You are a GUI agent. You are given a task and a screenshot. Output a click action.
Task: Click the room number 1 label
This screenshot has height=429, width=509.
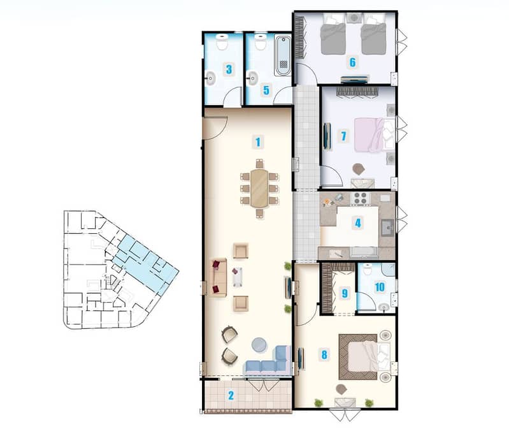click(x=258, y=142)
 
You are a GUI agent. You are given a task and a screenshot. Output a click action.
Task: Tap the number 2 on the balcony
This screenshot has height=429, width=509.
click(x=231, y=395)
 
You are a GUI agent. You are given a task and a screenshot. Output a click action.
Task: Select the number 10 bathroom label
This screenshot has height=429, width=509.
click(x=380, y=287)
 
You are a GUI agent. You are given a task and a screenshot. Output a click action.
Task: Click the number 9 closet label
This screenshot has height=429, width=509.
click(x=345, y=294)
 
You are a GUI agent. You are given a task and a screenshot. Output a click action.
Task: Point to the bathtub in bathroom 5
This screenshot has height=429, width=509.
click(x=283, y=56)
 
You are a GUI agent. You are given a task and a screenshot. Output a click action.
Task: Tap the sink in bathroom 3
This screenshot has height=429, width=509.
click(x=210, y=78)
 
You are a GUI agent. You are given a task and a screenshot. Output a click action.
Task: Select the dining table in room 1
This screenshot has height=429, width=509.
click(x=259, y=188)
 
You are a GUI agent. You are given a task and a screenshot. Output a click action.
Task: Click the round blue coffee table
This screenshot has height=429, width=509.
click(x=260, y=345)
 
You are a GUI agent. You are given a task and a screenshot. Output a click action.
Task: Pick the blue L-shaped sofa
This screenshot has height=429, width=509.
click(x=269, y=362)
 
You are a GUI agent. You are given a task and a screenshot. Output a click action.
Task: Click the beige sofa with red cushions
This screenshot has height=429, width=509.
click(x=219, y=277)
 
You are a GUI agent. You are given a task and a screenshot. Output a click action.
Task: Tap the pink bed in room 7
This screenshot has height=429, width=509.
click(x=374, y=135)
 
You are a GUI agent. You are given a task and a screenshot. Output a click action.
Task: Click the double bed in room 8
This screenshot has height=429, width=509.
click(x=364, y=357)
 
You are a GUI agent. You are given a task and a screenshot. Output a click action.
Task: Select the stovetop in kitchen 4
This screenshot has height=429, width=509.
click(x=361, y=198)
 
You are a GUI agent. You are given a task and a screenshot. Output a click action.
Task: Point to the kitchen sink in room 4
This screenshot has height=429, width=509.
click(x=388, y=228)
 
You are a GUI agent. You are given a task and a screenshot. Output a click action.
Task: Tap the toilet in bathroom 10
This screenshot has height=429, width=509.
click(x=367, y=270)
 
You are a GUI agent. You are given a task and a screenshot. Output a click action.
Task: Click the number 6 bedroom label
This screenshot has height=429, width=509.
click(x=352, y=62)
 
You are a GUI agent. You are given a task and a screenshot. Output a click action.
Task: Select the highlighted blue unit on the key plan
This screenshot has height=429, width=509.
click(x=145, y=262)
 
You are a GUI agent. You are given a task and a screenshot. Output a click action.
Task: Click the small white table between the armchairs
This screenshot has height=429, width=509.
click(x=237, y=277)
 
